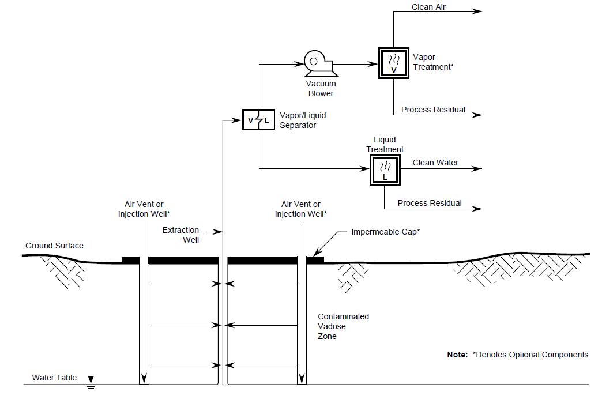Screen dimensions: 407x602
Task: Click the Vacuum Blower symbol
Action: [x=317, y=63]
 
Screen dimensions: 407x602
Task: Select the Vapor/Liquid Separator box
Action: [x=258, y=120]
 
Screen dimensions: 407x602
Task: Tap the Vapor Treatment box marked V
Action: [x=394, y=63]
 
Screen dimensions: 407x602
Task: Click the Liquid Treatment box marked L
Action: [x=385, y=169]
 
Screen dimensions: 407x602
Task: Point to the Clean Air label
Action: [x=428, y=7]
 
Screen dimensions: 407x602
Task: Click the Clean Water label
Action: [x=435, y=163]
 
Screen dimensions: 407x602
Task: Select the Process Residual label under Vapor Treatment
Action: [x=433, y=110]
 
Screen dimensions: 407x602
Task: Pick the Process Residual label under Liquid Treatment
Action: [x=430, y=203]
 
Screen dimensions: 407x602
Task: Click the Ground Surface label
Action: [x=54, y=246]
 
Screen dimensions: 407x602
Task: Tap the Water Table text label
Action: [x=54, y=378]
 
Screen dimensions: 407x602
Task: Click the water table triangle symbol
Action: [x=91, y=380]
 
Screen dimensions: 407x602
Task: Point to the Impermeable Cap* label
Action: [x=385, y=232]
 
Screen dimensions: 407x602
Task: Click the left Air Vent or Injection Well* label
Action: [x=144, y=209]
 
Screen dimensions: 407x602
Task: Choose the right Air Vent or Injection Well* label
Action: [x=300, y=209]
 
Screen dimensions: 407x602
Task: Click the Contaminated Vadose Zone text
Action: [x=343, y=326]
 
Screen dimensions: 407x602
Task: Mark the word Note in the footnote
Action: [x=457, y=355]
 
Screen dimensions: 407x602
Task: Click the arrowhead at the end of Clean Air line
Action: [x=477, y=11]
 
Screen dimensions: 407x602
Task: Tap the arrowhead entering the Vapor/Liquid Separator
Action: [x=238, y=120]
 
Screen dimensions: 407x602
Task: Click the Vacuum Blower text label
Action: [x=321, y=89]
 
